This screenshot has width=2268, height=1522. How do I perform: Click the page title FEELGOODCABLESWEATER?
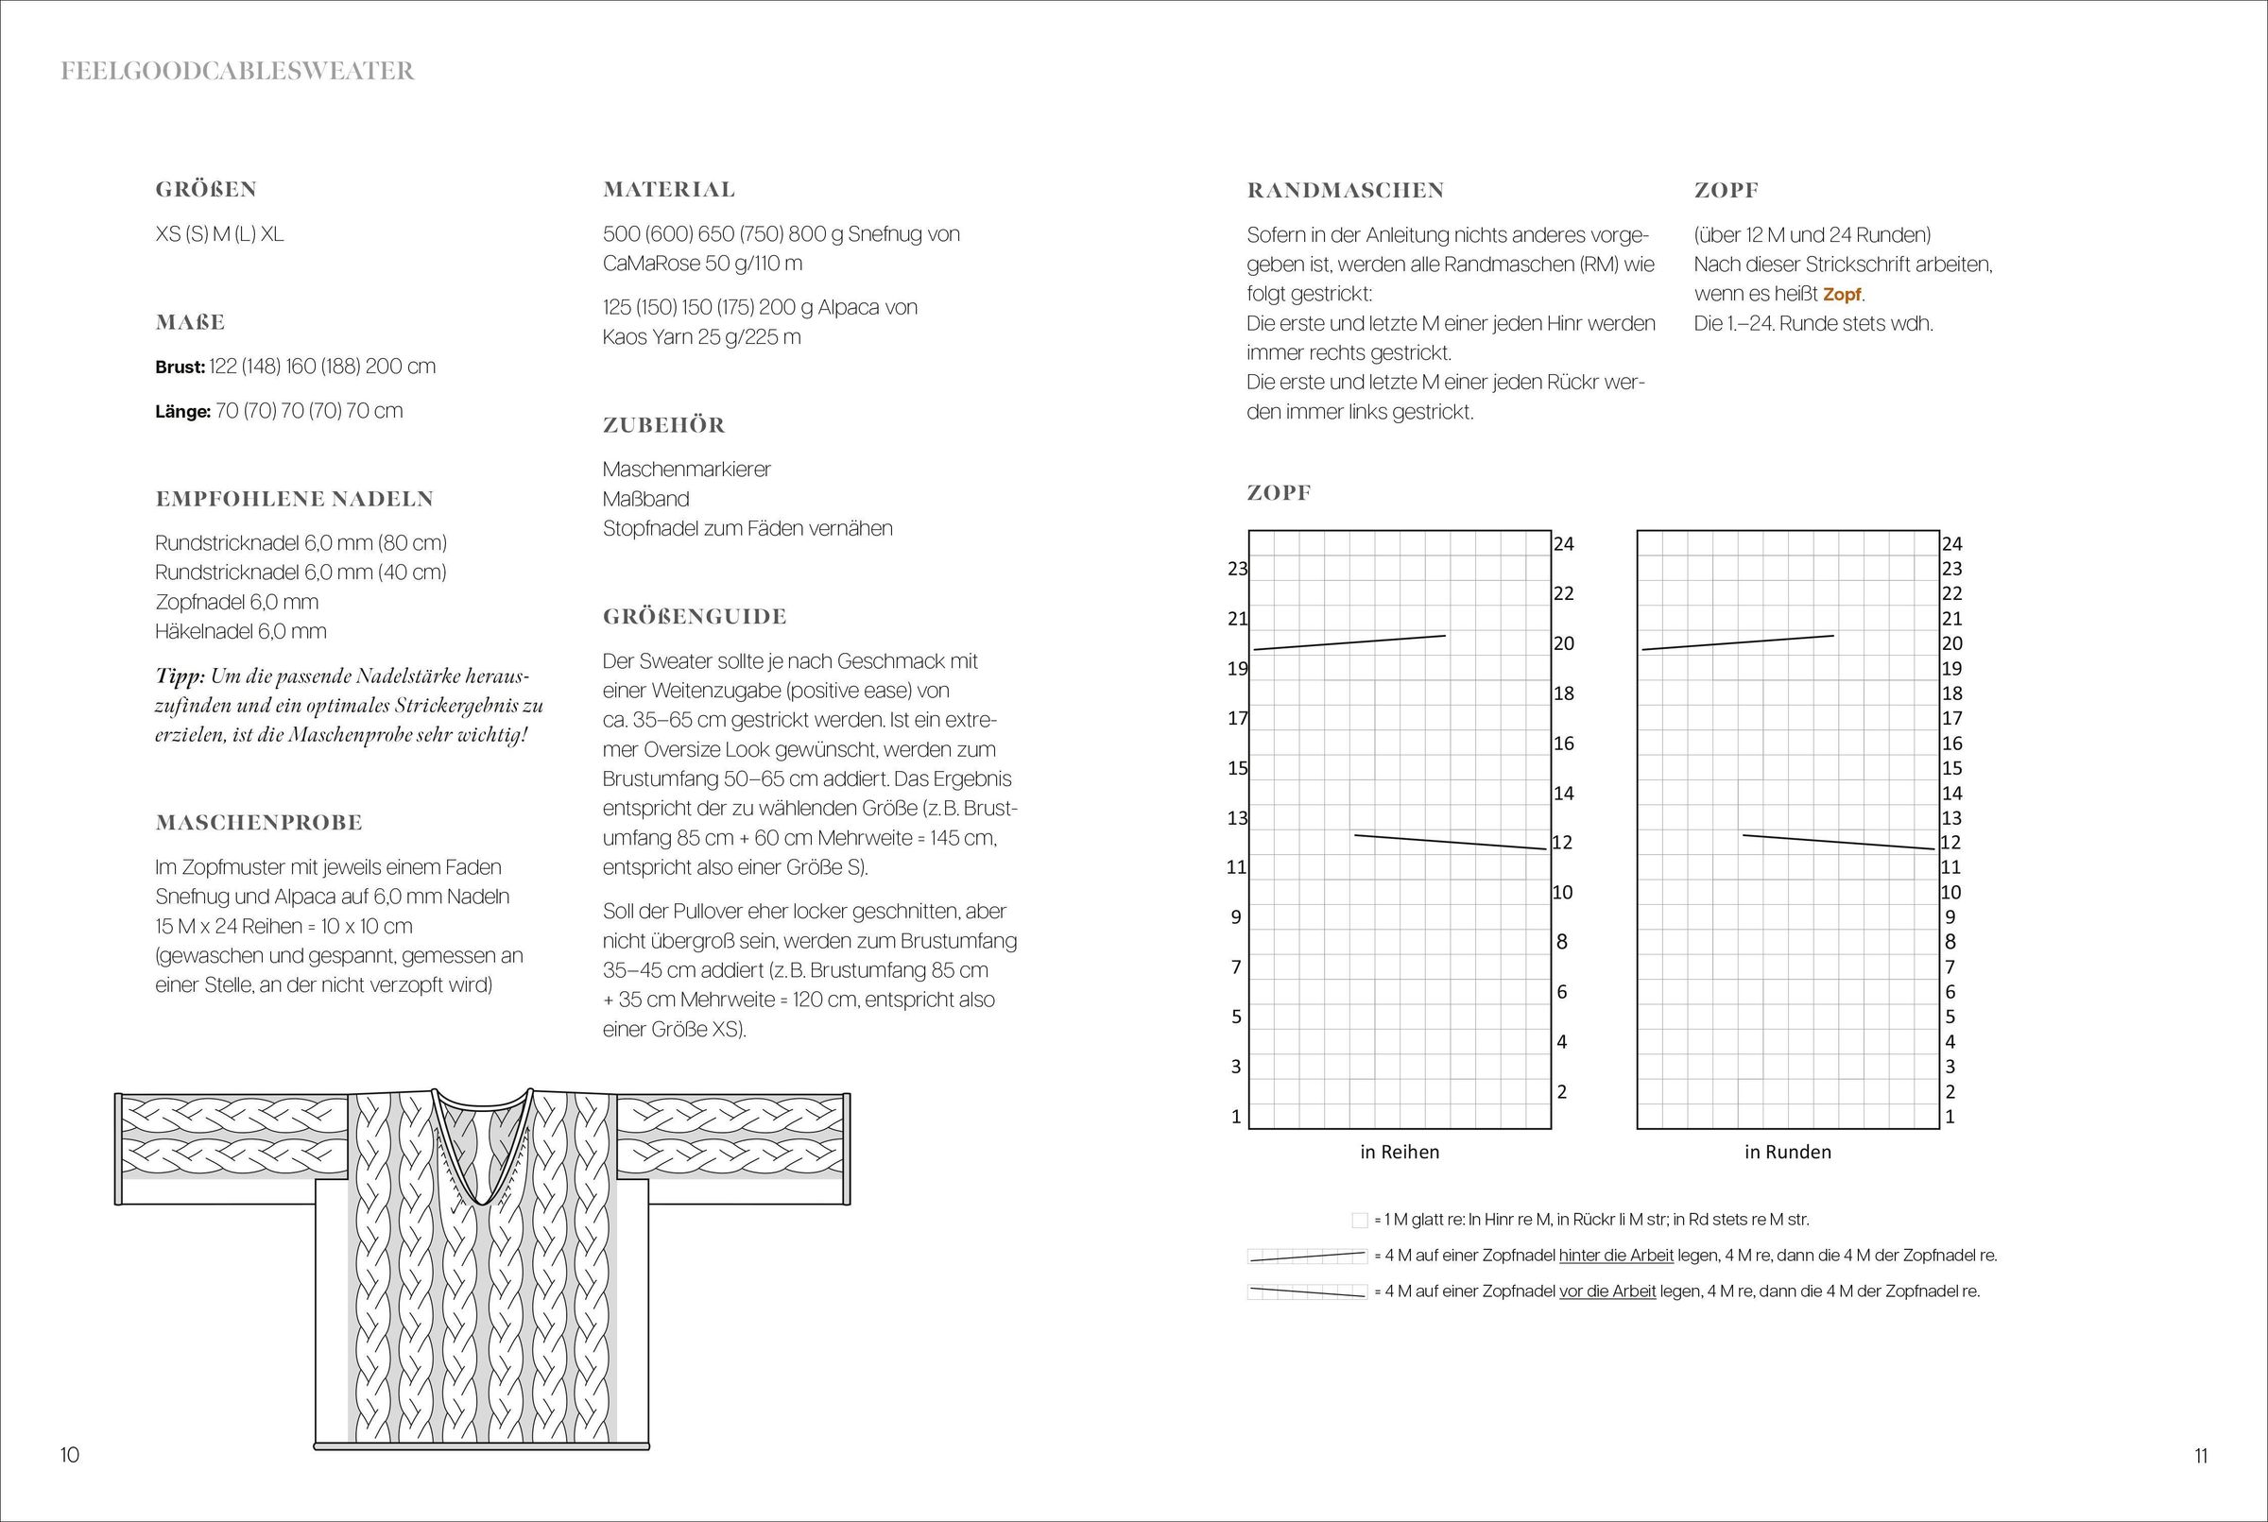coord(237,71)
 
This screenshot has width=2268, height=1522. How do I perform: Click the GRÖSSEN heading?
coord(206,189)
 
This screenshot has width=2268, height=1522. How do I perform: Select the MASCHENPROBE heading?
coord(258,822)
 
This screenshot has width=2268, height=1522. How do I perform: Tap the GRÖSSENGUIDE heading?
coord(695,616)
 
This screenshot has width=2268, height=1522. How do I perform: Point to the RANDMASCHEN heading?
coord(1345,190)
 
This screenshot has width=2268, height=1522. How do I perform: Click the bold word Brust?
coord(180,367)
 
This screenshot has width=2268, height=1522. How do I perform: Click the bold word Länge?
coord(182,412)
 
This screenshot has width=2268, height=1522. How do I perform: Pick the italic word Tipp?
coord(179,676)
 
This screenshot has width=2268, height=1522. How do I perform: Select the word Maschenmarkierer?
coord(686,470)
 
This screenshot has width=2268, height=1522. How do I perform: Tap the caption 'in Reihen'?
coord(1399,1153)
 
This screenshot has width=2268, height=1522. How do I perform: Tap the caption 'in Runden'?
coord(1787,1153)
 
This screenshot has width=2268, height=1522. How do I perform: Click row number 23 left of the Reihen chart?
coord(1237,569)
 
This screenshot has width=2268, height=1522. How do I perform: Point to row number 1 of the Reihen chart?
coord(1236,1118)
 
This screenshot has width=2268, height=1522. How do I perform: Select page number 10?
coord(70,1455)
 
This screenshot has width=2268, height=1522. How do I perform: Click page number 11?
coord(2200,1456)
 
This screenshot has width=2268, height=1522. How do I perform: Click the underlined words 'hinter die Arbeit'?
coord(1616,1256)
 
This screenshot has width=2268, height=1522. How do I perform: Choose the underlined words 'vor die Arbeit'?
coord(1606,1292)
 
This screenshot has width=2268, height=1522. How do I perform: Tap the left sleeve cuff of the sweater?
coord(118,1149)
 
